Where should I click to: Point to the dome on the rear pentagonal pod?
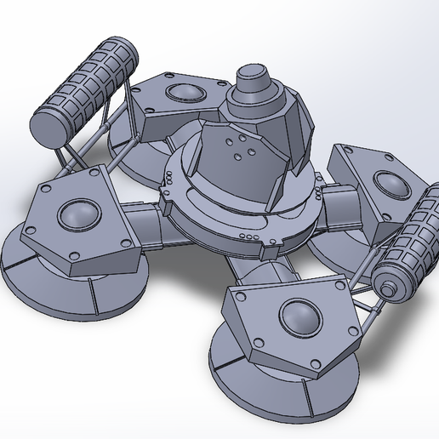coord(183,94)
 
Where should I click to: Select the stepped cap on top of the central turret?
coord(253,85)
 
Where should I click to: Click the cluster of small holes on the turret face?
coord(241,151)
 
